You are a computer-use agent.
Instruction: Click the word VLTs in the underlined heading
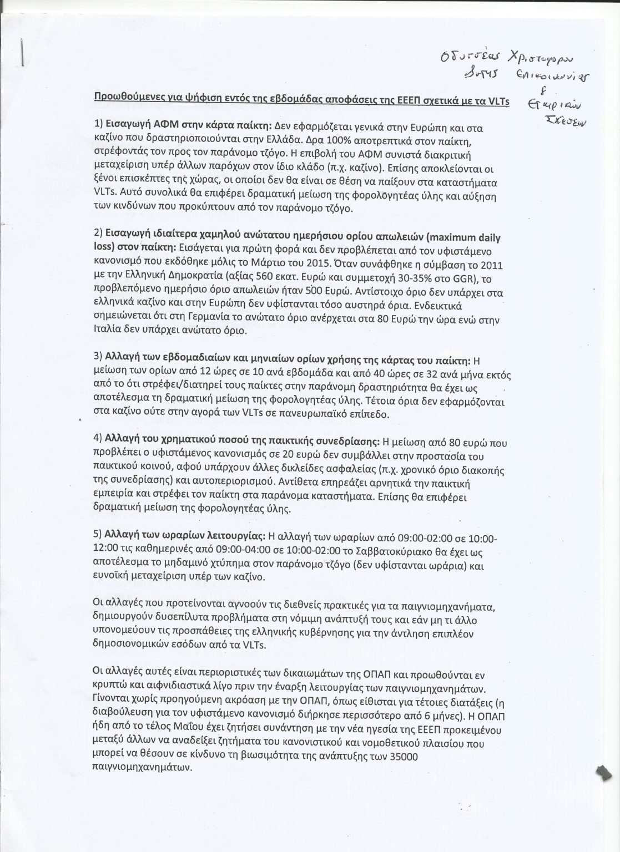497,102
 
